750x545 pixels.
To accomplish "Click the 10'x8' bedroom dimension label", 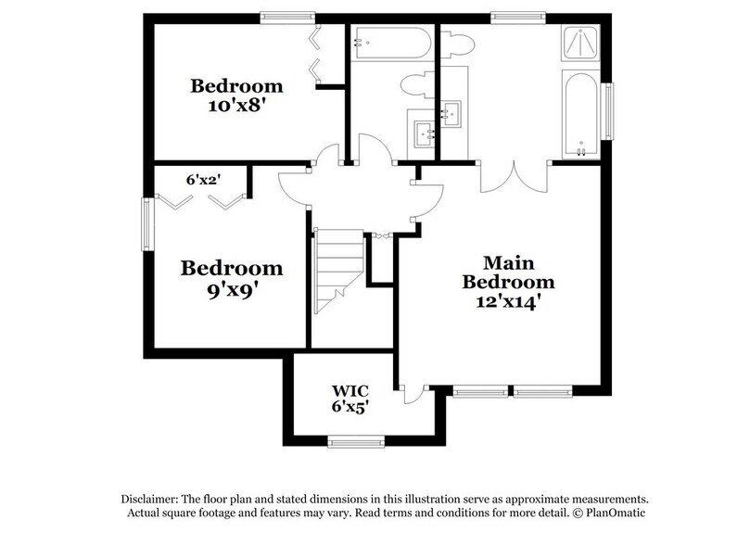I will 236,105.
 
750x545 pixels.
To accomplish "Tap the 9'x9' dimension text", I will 231,288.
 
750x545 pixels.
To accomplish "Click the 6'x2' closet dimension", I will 201,180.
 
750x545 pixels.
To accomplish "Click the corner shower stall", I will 581,44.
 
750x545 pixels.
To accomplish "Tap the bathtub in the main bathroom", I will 581,114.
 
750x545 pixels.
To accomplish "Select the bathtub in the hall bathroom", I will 390,44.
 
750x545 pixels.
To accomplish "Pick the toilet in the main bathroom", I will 457,44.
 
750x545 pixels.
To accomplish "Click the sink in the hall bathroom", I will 426,133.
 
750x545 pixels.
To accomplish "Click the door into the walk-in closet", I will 412,395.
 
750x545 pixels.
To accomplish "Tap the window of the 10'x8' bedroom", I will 286,16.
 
